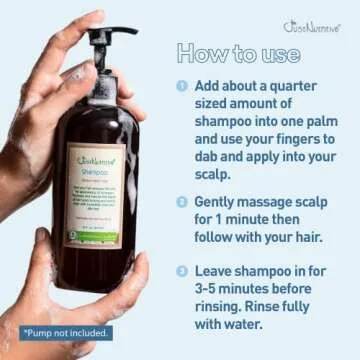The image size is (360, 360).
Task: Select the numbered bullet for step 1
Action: click(x=182, y=86)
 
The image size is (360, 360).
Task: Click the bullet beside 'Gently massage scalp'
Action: click(x=182, y=201)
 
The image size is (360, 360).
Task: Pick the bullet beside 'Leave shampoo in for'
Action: click(x=182, y=270)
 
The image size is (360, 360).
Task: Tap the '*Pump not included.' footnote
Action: click(x=66, y=332)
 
